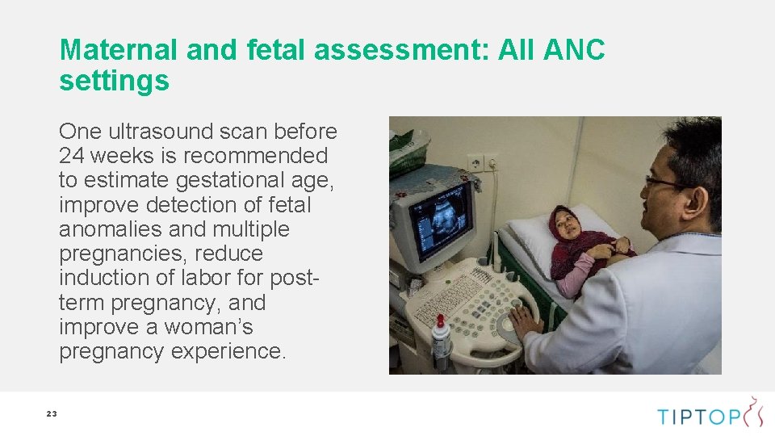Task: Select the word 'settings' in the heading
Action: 114,81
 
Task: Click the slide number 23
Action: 52,413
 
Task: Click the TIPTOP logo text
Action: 697,417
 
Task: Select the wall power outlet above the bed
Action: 481,163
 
